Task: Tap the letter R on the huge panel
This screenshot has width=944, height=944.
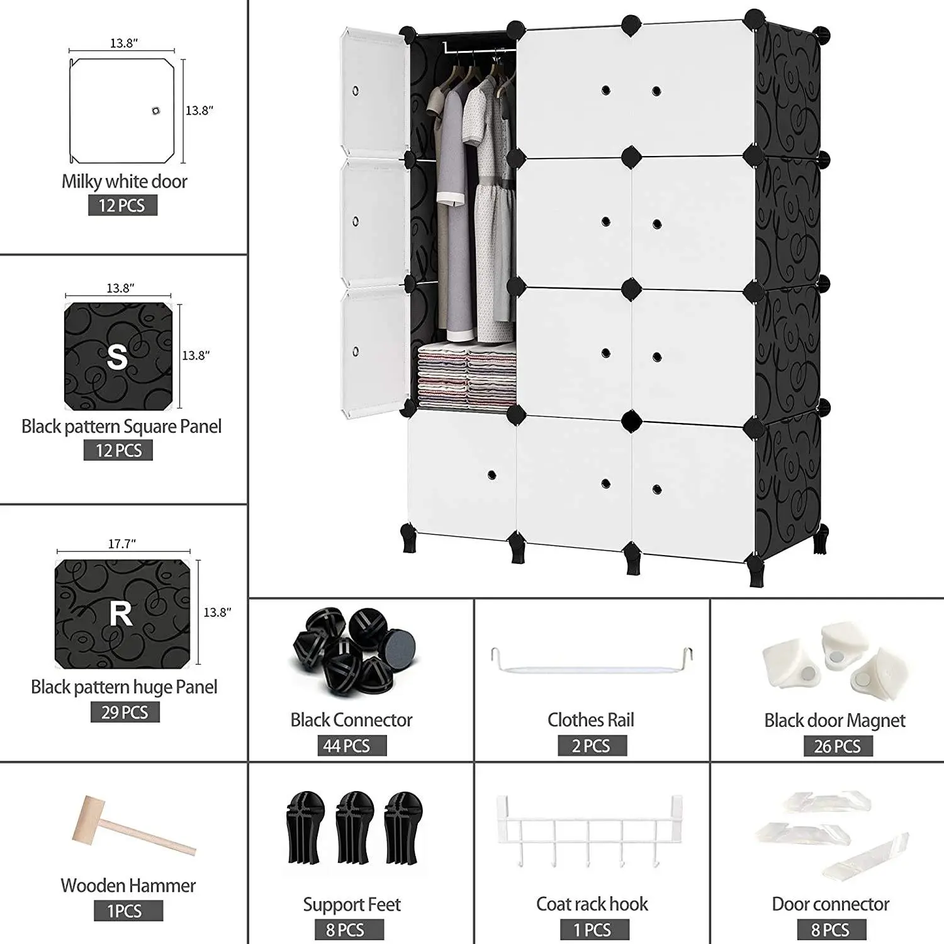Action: [x=121, y=614]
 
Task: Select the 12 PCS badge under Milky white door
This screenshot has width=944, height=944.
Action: [x=122, y=205]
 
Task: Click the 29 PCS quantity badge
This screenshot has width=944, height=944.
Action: [x=125, y=712]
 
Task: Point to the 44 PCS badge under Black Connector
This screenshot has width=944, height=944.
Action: [x=352, y=746]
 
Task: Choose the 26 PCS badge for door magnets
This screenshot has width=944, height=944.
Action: [x=838, y=746]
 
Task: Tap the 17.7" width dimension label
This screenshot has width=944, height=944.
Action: [x=122, y=543]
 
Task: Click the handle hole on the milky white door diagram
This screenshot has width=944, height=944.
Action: [x=155, y=111]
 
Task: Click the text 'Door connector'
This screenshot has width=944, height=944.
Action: [x=831, y=904]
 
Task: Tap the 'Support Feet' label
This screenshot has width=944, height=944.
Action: [x=352, y=904]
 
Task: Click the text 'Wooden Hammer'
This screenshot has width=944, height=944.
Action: [x=128, y=885]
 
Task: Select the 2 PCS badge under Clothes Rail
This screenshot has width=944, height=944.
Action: [x=592, y=746]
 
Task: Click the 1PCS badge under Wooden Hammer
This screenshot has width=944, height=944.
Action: [x=128, y=911]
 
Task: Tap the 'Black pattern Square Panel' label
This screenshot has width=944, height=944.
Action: [x=121, y=426]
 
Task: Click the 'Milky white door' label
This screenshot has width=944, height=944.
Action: [x=125, y=181]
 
